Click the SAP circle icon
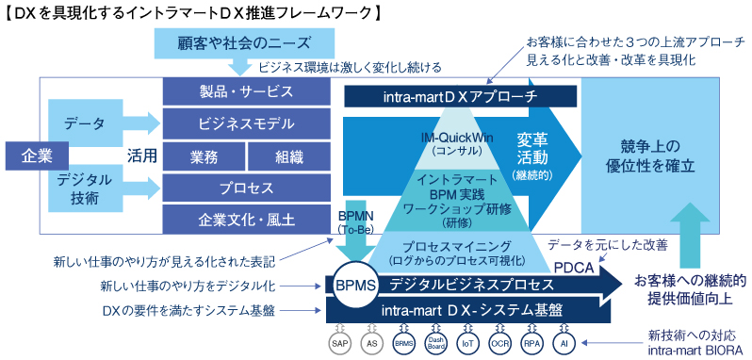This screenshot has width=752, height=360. [x=340, y=344]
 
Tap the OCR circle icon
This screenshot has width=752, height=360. [x=500, y=344]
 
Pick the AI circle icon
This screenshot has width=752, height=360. [x=564, y=344]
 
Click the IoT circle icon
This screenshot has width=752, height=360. [x=468, y=344]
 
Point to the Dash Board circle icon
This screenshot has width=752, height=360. [x=436, y=344]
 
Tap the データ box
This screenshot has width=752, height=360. [x=85, y=124]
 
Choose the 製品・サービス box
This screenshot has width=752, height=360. [x=246, y=91]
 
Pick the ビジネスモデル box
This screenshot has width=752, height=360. [x=246, y=123]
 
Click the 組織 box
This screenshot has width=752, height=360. [x=288, y=155]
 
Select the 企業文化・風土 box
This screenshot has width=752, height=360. [x=246, y=218]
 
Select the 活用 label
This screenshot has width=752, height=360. [x=142, y=154]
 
